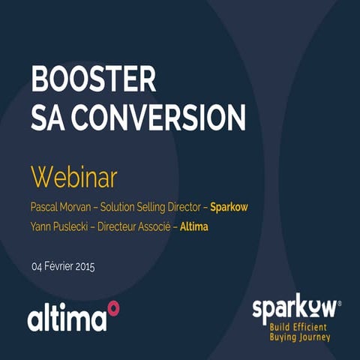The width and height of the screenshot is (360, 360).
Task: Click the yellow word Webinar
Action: [x=74, y=178]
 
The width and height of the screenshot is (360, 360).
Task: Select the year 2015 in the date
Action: [x=85, y=266]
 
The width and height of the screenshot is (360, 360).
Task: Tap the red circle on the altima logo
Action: [x=113, y=306]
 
